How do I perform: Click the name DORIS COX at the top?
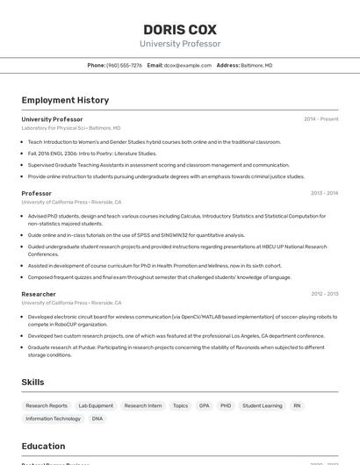180,29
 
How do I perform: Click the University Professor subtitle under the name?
180,44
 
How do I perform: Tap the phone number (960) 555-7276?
124,65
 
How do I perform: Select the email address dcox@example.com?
188,65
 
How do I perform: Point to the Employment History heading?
65,100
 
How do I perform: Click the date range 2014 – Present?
320,119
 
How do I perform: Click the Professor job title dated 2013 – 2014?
37,193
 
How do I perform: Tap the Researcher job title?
39,294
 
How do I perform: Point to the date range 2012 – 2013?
324,294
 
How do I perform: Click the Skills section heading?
33,383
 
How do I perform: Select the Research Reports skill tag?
47,406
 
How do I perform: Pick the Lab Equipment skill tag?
96,406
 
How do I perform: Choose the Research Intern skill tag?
143,406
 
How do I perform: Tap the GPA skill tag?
204,406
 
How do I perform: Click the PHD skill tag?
226,406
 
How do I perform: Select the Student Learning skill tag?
263,406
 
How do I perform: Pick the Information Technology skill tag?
54,418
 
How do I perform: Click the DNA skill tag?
97,418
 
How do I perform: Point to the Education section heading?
43,446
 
